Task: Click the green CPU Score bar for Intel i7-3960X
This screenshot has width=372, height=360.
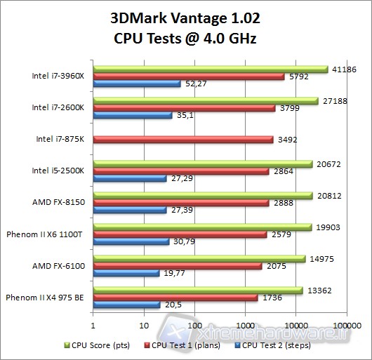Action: point(211,69)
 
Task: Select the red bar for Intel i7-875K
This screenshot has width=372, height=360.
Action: point(182,140)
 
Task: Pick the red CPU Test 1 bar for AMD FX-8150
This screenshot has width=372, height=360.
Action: point(180,202)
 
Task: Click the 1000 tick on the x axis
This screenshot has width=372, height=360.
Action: point(246,324)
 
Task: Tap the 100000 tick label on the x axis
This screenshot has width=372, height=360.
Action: point(347,324)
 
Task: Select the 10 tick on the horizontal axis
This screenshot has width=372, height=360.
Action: point(144,324)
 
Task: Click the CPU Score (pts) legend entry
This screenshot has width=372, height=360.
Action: point(99,345)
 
